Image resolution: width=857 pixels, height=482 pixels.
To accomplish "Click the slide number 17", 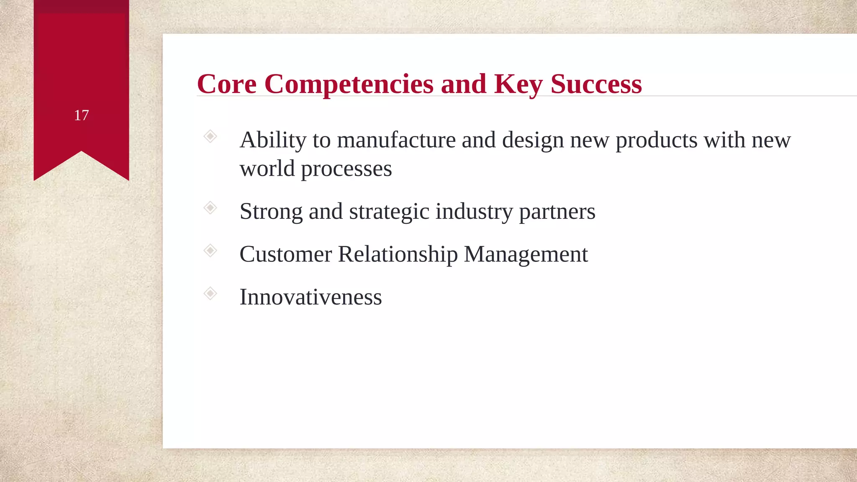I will click(x=81, y=115).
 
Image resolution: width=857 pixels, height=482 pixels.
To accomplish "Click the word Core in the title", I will click(x=226, y=84).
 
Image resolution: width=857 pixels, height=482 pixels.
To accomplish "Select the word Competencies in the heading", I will click(x=349, y=84).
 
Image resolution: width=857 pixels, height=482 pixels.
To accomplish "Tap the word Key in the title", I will click(x=518, y=84).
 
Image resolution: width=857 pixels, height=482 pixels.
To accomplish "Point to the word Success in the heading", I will click(x=595, y=84).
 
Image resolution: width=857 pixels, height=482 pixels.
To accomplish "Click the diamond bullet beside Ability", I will click(x=210, y=136).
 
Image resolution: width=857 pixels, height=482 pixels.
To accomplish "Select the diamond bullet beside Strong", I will click(x=210, y=208).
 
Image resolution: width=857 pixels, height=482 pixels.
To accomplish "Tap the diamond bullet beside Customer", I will click(x=210, y=251).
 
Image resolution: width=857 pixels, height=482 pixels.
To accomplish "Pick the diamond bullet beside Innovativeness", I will click(x=210, y=293).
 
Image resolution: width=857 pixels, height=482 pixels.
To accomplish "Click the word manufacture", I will click(x=396, y=140).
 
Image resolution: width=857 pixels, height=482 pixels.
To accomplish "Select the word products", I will click(x=656, y=140).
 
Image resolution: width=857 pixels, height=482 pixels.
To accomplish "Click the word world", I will click(x=267, y=169).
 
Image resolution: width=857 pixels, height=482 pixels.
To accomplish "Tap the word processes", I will click(x=346, y=169).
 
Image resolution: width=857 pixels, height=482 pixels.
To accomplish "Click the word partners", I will click(x=557, y=212).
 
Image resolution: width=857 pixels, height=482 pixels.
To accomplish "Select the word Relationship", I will click(x=398, y=254).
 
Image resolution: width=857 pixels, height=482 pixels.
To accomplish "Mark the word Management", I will click(x=526, y=254).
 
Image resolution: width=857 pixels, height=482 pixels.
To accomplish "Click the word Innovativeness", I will click(x=310, y=297).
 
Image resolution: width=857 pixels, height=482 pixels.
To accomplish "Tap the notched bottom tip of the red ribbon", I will click(x=81, y=153).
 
